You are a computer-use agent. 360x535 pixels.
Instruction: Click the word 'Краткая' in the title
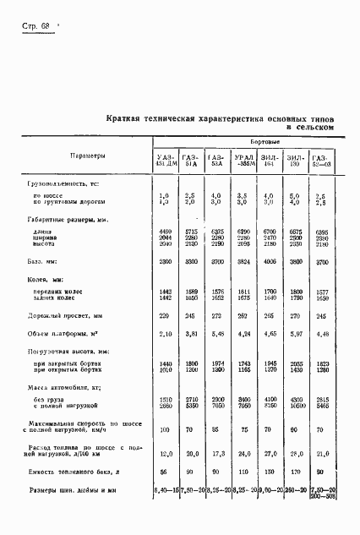124,119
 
